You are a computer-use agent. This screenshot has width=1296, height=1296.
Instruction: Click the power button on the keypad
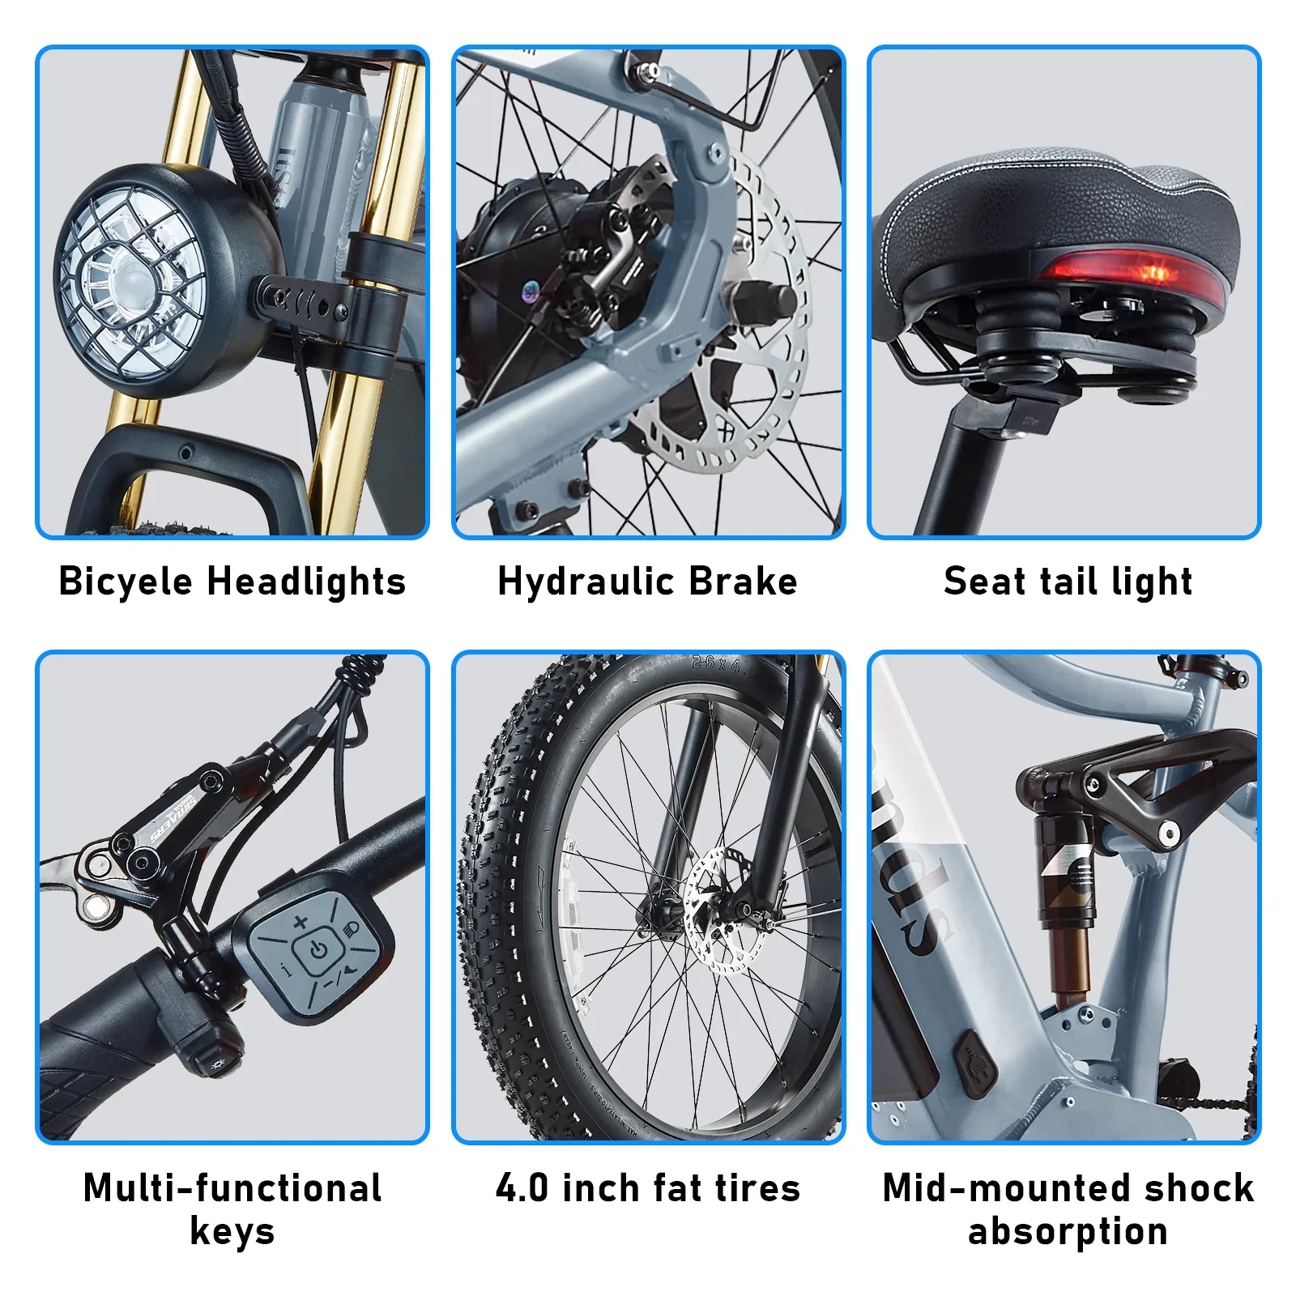click(x=318, y=950)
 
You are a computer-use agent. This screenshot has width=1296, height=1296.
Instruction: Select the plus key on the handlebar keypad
click(x=300, y=921)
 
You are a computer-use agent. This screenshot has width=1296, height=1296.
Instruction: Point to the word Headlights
click(x=306, y=582)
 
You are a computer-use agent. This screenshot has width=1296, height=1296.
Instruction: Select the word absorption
click(x=1068, y=1232)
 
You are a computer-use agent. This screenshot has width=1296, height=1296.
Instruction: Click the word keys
click(x=232, y=1232)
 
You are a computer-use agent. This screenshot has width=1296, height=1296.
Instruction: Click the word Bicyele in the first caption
click(x=126, y=582)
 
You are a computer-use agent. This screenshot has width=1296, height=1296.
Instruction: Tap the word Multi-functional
click(x=232, y=1188)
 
